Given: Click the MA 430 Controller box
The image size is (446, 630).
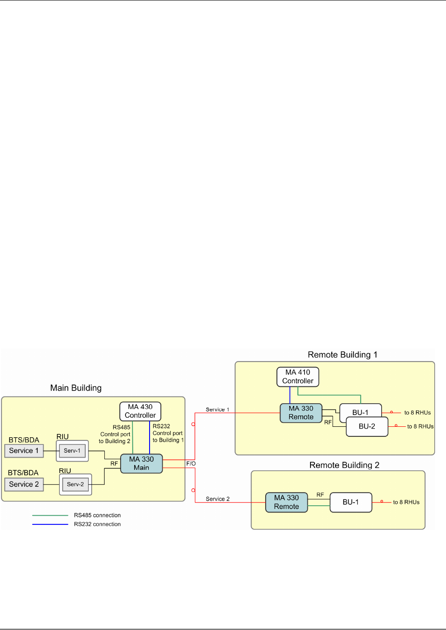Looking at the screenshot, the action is [x=140, y=411].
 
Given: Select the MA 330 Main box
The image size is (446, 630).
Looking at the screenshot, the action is [x=141, y=463].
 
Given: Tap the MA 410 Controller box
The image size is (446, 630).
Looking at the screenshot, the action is [x=298, y=376].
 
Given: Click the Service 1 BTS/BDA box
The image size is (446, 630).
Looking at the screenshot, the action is [x=24, y=450].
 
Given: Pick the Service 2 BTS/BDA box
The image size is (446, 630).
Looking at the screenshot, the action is [x=24, y=484].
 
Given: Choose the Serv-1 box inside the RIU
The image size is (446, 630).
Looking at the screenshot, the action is [x=72, y=450].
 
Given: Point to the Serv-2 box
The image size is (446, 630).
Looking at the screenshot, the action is [x=75, y=484].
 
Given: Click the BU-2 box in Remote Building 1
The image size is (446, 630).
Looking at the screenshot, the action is [x=367, y=426].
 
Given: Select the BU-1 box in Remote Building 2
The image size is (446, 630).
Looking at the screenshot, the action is [x=351, y=502].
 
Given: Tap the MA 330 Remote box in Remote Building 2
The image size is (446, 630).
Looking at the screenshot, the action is [x=286, y=502].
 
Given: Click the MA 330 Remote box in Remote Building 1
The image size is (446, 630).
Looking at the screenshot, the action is [x=301, y=413].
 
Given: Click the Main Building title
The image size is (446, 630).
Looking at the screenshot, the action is [x=76, y=388].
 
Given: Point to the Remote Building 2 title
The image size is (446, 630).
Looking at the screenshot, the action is [x=344, y=465].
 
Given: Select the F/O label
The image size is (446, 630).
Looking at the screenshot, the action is [x=191, y=463].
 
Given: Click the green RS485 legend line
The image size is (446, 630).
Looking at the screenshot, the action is [x=50, y=515].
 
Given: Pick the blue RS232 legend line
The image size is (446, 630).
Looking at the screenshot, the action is [x=50, y=524].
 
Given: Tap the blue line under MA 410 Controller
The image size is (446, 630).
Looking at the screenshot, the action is [x=290, y=395].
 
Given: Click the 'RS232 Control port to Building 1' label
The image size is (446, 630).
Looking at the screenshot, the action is [x=168, y=433].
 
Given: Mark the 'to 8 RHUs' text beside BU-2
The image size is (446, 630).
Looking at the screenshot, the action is [x=420, y=426].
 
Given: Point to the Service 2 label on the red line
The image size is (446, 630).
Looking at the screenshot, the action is [x=218, y=498].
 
